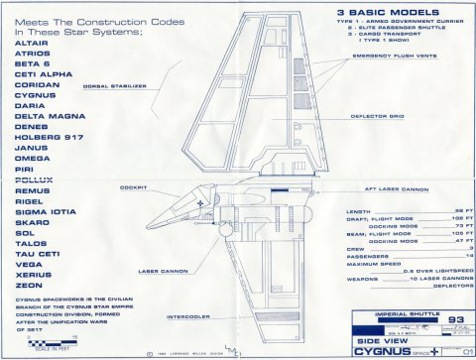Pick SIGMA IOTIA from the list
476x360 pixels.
[46, 209]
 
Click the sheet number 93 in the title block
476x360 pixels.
[429, 318]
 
